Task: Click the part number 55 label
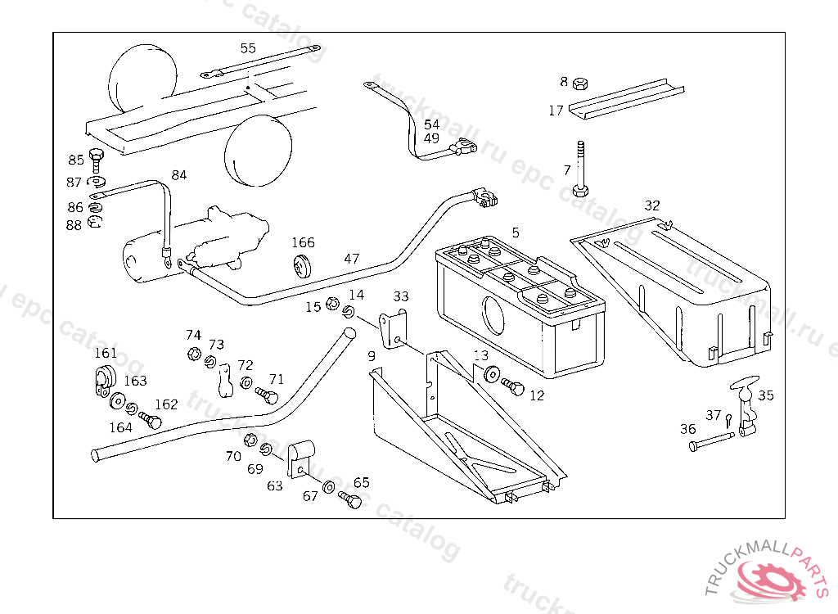248,47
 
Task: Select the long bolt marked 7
580,170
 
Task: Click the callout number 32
652,205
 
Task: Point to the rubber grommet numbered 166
304,265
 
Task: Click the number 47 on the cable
352,259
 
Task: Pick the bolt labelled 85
95,159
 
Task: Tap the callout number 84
179,174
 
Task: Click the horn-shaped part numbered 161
103,381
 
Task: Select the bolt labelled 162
151,419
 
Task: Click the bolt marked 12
513,387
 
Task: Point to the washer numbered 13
492,375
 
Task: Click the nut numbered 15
332,304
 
